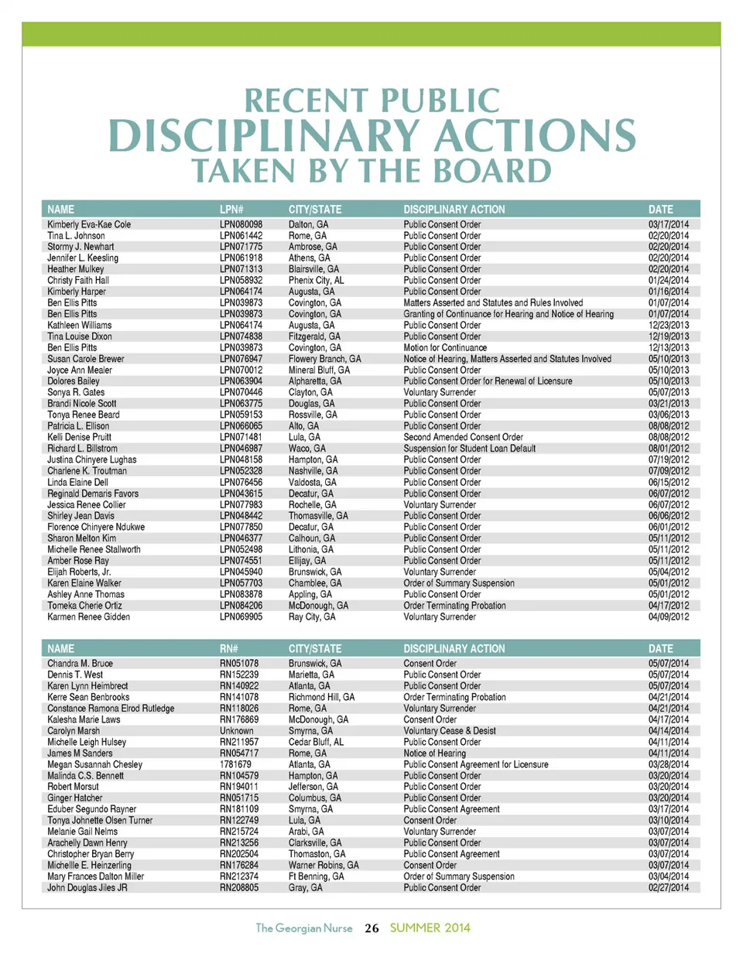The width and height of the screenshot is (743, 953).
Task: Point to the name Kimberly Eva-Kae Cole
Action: (x=89, y=224)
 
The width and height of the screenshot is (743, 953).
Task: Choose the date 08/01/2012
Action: (x=669, y=447)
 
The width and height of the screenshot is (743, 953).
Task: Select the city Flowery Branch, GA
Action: (x=324, y=358)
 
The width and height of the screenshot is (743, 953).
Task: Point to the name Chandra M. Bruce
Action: (x=80, y=664)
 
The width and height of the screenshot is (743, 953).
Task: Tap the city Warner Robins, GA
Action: (x=323, y=865)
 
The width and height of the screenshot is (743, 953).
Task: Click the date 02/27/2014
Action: (x=669, y=887)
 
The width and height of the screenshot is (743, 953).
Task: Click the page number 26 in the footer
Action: (x=371, y=927)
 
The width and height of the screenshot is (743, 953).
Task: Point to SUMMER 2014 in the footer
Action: (x=430, y=927)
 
